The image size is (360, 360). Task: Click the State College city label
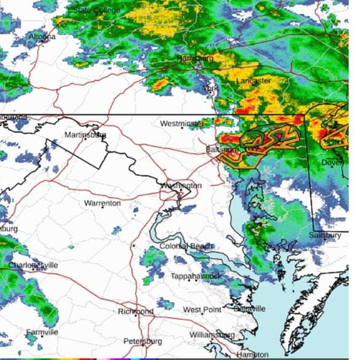97,10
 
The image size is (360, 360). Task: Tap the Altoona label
42,37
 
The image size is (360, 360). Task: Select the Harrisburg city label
196,58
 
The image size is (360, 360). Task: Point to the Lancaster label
254,81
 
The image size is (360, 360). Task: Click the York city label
210,89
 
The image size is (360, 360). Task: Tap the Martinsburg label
86,134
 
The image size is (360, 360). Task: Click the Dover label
332,162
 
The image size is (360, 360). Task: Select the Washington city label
181,185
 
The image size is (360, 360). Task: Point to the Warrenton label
102,203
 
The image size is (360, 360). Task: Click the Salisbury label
325,235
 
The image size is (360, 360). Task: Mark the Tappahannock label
196,276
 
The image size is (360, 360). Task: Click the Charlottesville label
33,265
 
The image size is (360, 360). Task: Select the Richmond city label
135,311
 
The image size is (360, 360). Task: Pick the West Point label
202,309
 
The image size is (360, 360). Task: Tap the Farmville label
42,332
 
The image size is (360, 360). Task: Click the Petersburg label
142,341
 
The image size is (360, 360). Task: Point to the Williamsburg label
212,335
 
